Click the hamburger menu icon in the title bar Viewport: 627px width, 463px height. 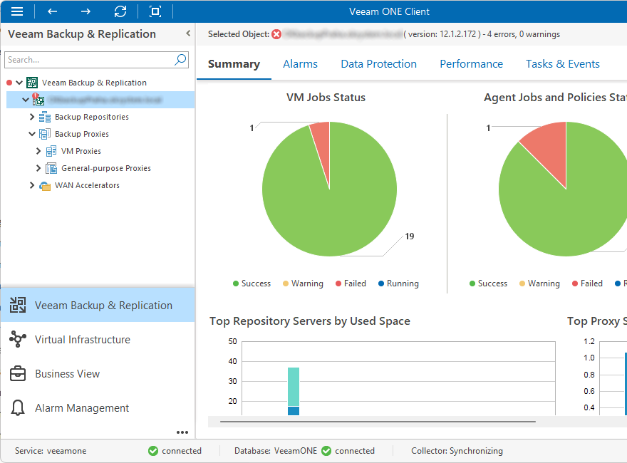point(17,11)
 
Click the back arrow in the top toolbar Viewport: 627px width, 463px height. point(52,11)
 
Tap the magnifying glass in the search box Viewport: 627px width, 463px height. point(180,60)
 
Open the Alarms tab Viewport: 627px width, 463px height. point(300,64)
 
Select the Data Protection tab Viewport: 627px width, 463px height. point(378,64)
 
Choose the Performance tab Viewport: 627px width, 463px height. point(471,64)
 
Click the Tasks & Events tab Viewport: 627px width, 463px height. point(562,64)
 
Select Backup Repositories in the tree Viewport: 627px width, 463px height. point(91,117)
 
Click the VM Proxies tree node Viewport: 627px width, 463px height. point(81,151)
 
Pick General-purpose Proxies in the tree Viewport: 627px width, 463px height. point(105,168)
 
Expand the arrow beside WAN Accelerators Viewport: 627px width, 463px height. point(32,185)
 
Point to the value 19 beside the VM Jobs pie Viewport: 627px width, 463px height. point(409,236)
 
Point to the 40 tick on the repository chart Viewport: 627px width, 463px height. point(232,361)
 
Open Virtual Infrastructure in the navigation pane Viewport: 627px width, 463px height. point(82,340)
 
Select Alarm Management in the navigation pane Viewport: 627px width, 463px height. point(82,408)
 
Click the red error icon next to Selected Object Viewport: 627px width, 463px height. point(276,34)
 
